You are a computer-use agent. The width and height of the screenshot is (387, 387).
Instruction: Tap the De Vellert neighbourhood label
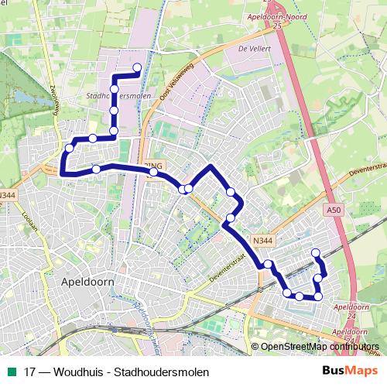tap(252, 48)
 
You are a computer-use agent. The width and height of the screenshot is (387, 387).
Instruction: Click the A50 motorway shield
tap(333, 209)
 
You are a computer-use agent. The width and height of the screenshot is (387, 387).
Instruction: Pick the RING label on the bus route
tap(155, 166)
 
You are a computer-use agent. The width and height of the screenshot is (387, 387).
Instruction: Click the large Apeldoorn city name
tap(87, 283)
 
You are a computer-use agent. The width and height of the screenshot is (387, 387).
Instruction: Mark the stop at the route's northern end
tap(138, 67)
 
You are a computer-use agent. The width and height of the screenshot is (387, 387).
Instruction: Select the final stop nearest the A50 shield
tap(315, 252)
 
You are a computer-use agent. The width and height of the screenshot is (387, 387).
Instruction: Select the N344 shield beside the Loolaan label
tap(8, 195)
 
